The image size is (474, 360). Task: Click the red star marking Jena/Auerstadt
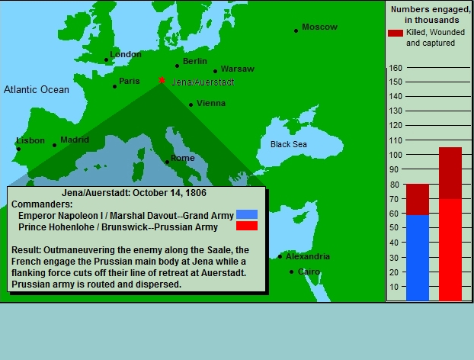click(x=162, y=80)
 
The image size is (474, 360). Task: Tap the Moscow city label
click(x=319, y=27)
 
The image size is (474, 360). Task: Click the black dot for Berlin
click(x=177, y=66)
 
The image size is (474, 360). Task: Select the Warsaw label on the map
click(x=238, y=69)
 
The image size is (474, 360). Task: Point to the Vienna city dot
click(x=191, y=105)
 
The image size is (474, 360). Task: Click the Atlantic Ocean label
click(x=37, y=89)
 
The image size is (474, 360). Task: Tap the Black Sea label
click(x=289, y=144)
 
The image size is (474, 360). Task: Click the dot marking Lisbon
click(x=18, y=149)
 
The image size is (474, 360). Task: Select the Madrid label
click(x=75, y=140)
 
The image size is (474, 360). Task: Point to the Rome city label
click(x=183, y=158)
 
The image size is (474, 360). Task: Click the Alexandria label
click(x=308, y=256)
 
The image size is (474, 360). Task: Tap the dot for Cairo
click(x=291, y=272)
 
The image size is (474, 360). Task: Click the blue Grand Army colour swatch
click(x=247, y=214)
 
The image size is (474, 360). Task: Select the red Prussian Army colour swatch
click(x=247, y=226)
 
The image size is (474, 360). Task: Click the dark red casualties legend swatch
click(x=396, y=33)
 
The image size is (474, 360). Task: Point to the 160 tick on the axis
click(x=396, y=68)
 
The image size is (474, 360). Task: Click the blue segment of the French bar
click(x=418, y=258)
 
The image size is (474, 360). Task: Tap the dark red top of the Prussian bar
click(x=450, y=173)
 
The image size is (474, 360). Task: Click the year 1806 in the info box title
click(x=196, y=193)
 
